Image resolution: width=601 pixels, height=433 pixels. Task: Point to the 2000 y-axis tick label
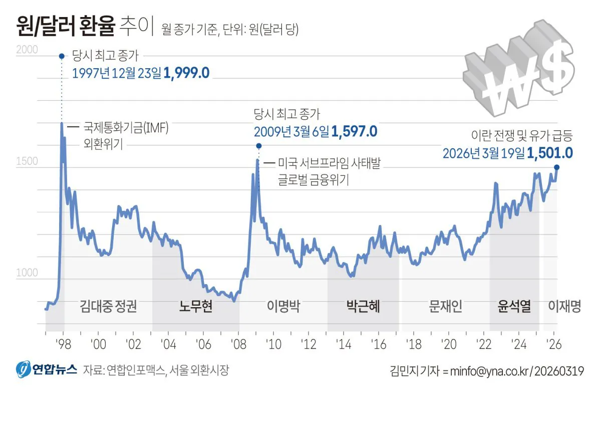coord(27,50)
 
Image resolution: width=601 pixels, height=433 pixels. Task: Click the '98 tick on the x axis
coord(63,344)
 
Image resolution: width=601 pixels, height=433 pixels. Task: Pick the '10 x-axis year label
coord(273,344)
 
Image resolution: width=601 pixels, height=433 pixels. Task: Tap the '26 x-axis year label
coord(554,344)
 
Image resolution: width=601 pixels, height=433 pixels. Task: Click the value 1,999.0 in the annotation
coord(186,73)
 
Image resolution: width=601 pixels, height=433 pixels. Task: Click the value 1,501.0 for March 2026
coord(549,152)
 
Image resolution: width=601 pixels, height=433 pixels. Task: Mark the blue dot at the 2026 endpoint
coord(556,168)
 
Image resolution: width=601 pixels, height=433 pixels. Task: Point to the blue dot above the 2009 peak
coord(258,146)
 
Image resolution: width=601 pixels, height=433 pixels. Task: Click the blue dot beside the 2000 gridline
coord(62,56)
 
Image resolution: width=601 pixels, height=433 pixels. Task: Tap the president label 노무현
coord(196,307)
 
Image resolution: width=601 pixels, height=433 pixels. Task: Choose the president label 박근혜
coord(363,307)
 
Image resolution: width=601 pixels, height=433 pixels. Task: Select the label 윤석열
coord(514,307)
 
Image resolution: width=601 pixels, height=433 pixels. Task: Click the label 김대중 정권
coord(108,307)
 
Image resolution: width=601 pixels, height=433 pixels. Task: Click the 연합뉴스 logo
coord(46,370)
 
